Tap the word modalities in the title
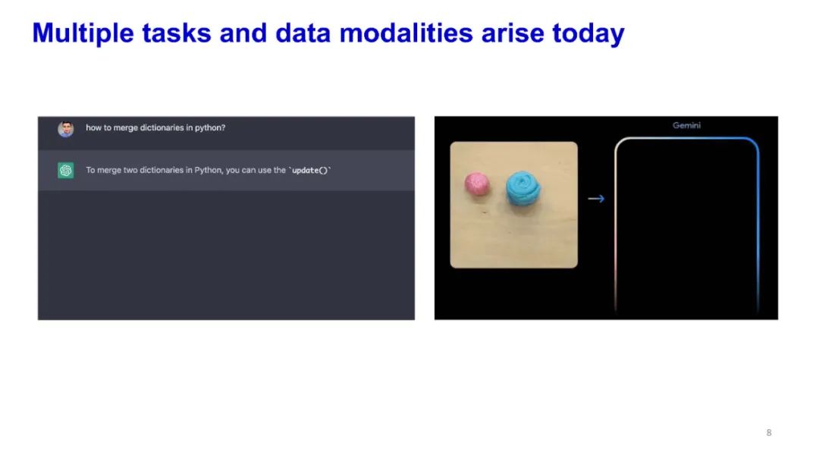click(x=406, y=33)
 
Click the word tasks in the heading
click(x=177, y=33)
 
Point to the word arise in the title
click(x=513, y=33)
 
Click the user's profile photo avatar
click(x=66, y=128)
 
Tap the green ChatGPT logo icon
click(x=66, y=171)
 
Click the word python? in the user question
click(x=210, y=128)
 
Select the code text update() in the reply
click(x=309, y=171)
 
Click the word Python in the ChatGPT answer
click(x=208, y=171)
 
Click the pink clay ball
click(x=477, y=184)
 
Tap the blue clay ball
click(x=522, y=188)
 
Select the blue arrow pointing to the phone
click(x=596, y=199)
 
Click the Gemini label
click(x=686, y=125)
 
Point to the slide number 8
click(x=769, y=432)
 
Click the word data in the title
click(x=303, y=33)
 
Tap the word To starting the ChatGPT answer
click(x=91, y=171)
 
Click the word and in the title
click(x=243, y=33)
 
